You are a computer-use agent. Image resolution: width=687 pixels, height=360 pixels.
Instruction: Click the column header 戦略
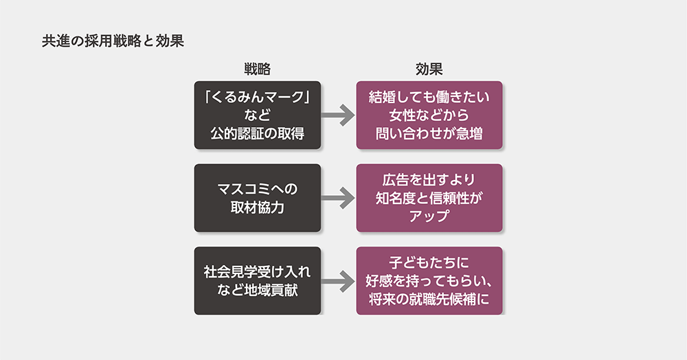(257, 69)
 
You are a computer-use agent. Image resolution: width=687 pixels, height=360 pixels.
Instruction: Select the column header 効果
(429, 69)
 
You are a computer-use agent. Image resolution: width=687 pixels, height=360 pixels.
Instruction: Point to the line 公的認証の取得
(258, 134)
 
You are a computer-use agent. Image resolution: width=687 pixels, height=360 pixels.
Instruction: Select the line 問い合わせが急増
(429, 134)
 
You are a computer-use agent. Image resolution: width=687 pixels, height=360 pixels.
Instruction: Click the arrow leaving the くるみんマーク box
(338, 115)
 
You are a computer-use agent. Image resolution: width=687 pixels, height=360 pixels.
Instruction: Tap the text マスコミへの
(258, 189)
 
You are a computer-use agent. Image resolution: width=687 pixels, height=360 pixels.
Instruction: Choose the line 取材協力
(258, 207)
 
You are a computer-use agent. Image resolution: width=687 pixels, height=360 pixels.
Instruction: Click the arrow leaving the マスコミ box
(338, 198)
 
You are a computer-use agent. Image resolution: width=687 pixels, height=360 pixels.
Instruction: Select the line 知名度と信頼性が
(429, 199)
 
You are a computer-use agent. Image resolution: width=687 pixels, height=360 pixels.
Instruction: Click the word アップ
(429, 216)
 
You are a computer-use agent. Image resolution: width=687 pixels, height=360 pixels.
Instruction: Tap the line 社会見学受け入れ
(258, 272)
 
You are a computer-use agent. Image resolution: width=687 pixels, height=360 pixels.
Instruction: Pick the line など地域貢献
(258, 290)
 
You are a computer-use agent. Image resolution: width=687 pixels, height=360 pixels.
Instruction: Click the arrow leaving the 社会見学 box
(338, 281)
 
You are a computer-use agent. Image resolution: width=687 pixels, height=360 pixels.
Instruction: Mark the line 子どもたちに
(429, 263)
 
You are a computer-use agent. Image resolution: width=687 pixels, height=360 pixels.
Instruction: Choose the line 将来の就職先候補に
(429, 299)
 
